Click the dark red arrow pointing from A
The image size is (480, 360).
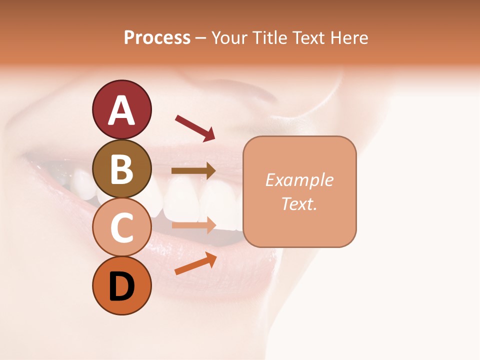pyautogui.click(x=195, y=127)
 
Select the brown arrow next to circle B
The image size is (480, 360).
pyautogui.click(x=193, y=171)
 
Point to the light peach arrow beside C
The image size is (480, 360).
pyautogui.click(x=193, y=224)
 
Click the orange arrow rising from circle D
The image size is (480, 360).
pyautogui.click(x=195, y=264)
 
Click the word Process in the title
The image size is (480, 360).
pyautogui.click(x=157, y=38)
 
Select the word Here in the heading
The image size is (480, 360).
pyautogui.click(x=349, y=38)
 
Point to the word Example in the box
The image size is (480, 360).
pyautogui.click(x=299, y=180)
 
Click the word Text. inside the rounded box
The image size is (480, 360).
pyautogui.click(x=299, y=203)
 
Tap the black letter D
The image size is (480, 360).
pyautogui.click(x=121, y=287)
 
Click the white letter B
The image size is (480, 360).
pyautogui.click(x=121, y=169)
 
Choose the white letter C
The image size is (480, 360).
pyautogui.click(x=121, y=227)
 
